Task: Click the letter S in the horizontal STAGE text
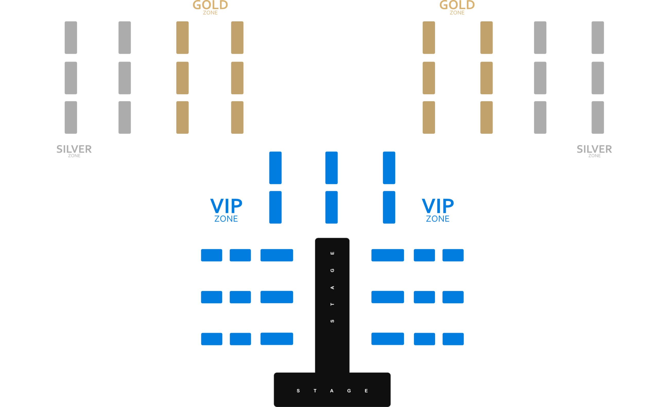298,391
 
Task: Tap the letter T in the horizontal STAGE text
315,391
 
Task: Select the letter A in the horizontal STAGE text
332,391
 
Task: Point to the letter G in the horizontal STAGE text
349,391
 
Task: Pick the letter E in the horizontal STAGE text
366,391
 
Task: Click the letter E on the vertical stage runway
332,253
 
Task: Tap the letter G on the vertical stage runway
332,270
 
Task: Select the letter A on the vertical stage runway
332,287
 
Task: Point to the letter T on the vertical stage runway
332,304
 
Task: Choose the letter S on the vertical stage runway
332,321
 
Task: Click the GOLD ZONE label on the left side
210,7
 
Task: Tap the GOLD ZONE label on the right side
457,7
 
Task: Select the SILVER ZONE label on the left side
74,151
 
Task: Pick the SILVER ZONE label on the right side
594,151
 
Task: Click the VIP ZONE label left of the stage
226,210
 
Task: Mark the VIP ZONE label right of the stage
438,210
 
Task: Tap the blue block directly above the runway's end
332,207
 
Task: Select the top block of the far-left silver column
71,38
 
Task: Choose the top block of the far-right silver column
597,38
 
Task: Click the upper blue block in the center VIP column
332,168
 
